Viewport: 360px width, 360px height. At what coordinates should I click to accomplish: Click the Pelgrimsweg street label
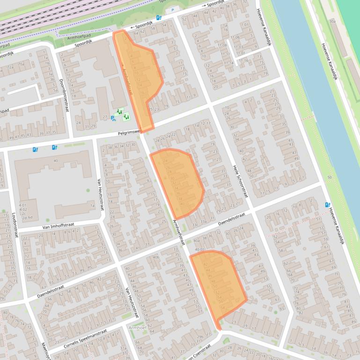point(129,133)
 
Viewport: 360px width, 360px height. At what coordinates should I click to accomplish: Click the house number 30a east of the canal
point(332,22)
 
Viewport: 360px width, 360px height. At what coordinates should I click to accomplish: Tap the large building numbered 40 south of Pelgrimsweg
point(55,161)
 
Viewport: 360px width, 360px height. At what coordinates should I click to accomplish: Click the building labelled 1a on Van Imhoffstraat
point(91,204)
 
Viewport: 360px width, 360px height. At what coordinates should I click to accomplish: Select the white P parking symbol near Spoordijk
point(172,10)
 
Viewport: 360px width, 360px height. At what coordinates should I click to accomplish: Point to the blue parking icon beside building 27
point(113,119)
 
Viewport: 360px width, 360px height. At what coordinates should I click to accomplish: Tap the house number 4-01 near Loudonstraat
point(22,205)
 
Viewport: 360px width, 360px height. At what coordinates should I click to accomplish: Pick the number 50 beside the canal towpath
point(330,177)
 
